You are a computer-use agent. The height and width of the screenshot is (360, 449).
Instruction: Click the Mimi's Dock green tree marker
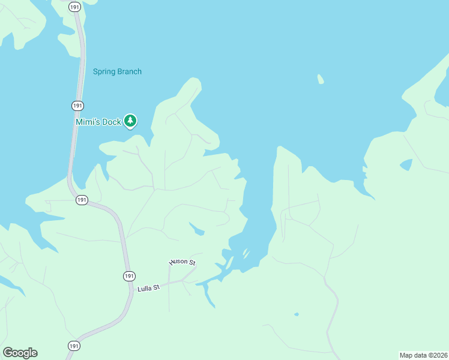click(130, 121)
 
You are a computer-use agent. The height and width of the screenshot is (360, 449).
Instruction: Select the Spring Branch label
click(117, 71)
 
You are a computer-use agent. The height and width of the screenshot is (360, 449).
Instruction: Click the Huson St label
click(182, 262)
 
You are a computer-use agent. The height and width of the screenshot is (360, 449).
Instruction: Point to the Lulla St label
click(148, 288)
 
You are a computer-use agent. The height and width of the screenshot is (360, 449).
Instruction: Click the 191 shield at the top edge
click(74, 7)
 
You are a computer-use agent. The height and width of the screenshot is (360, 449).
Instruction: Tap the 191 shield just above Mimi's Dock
click(77, 106)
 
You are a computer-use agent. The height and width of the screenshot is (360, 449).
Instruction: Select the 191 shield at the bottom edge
click(73, 346)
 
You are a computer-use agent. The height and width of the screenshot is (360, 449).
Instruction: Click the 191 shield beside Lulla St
click(129, 276)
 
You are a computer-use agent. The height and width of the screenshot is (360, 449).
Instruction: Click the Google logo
click(20, 353)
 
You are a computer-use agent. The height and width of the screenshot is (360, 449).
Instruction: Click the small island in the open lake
click(321, 79)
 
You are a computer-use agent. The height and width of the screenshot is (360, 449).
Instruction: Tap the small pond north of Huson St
click(196, 229)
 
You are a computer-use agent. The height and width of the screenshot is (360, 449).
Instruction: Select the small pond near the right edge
click(406, 164)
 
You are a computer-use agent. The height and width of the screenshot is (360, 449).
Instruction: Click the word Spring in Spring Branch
click(103, 71)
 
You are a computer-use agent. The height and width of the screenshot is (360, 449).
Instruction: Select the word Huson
click(179, 262)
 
